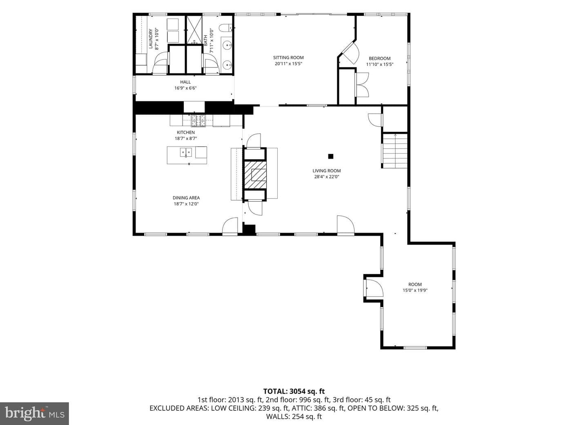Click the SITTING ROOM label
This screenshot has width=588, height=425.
pos(288,58)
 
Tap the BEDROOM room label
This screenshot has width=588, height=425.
pos(380,58)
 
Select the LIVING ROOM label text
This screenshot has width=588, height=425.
pos(327,171)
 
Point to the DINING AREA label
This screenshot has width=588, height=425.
pos(186,198)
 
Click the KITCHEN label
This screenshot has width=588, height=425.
pos(186,132)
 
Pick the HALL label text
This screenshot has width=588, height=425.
pos(185,82)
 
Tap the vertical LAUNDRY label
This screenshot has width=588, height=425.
pos(151,39)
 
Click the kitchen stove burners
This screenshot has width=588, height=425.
pos(198,121)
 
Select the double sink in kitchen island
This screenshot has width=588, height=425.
pos(186,152)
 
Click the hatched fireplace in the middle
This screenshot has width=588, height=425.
pos(256,175)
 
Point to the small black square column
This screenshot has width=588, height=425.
pos(331,156)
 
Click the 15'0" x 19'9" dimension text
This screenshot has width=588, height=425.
pos(415,290)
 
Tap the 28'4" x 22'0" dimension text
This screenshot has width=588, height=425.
pos(327,177)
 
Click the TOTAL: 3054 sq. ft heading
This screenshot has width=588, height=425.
pos(294,391)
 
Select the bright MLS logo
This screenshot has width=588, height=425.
pos(34,414)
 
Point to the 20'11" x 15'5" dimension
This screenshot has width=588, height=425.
pos(288,64)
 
